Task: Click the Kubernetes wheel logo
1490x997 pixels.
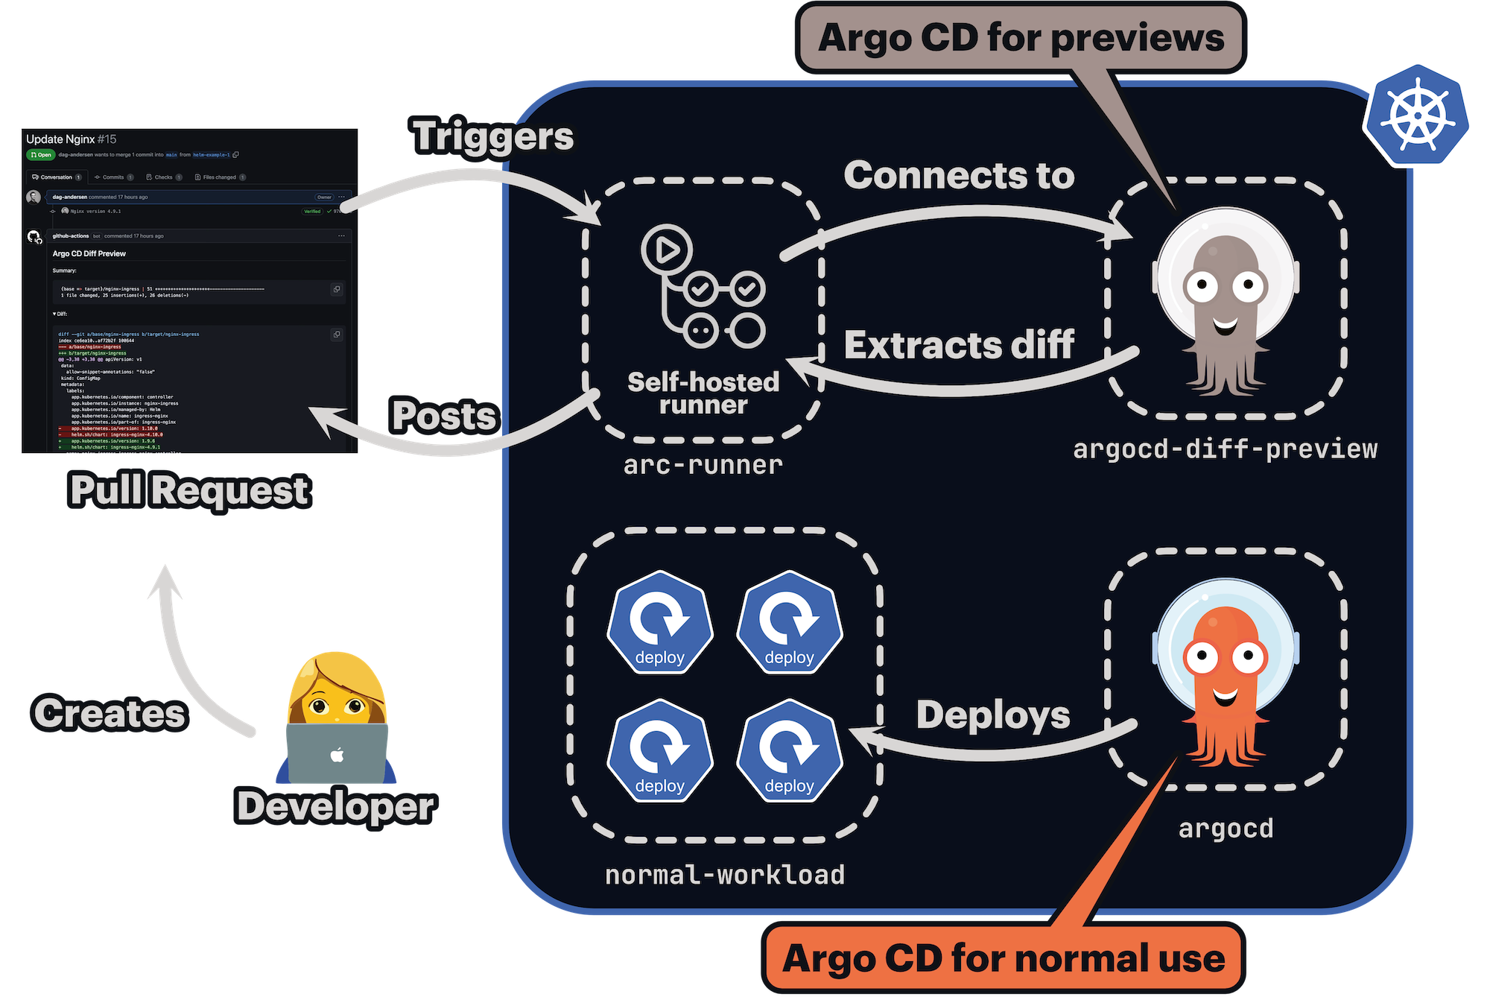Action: click(x=1418, y=113)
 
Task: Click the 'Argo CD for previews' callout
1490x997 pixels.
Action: click(x=1021, y=37)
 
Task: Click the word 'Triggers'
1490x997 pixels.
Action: click(x=493, y=136)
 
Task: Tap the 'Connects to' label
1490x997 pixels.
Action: click(x=959, y=176)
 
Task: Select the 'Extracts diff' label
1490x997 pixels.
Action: click(x=959, y=345)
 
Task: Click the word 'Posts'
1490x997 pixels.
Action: click(x=444, y=416)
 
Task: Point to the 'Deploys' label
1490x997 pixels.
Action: click(x=993, y=715)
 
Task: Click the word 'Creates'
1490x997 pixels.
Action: click(x=110, y=713)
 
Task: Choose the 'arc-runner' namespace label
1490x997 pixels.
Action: click(x=703, y=465)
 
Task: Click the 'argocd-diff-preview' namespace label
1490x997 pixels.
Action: click(x=1226, y=449)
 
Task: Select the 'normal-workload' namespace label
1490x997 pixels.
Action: click(x=725, y=875)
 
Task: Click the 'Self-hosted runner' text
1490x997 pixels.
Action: click(x=703, y=393)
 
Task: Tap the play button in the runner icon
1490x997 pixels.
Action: click(x=667, y=250)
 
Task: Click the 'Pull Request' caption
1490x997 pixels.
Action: click(x=189, y=490)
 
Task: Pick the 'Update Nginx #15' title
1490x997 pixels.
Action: click(x=72, y=139)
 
